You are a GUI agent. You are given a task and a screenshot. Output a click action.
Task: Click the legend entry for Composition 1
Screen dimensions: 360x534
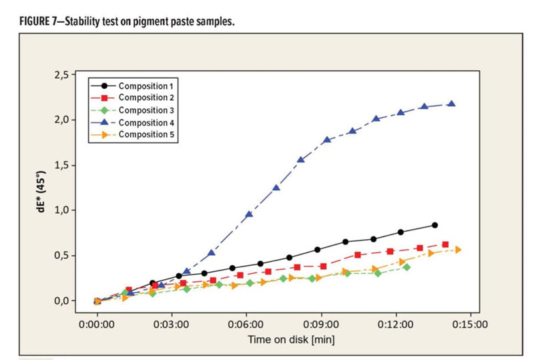point(148,85)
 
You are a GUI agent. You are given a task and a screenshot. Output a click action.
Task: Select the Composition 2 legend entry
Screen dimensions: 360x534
point(148,98)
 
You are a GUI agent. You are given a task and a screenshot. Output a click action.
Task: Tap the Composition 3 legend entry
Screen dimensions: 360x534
point(148,110)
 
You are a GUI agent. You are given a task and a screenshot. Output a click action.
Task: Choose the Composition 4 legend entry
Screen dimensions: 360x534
point(148,123)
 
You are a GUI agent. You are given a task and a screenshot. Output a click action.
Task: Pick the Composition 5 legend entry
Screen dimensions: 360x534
point(148,135)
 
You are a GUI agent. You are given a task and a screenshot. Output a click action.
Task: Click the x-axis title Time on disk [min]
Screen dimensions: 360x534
point(292,339)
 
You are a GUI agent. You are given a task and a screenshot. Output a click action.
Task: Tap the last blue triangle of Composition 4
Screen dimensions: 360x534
point(452,104)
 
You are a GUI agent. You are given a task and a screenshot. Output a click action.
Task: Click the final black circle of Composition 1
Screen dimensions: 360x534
point(435,225)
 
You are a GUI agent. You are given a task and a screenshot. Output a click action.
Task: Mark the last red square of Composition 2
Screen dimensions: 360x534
point(445,244)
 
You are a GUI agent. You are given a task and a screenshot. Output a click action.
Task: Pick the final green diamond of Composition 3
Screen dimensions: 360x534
point(407,267)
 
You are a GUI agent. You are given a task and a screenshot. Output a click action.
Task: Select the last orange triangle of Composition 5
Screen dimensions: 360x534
point(458,250)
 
